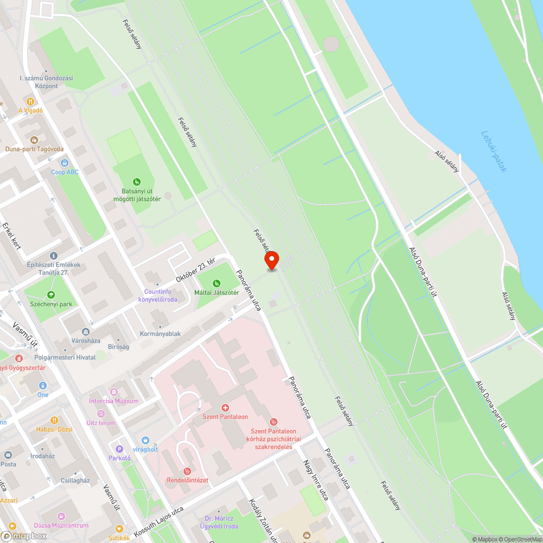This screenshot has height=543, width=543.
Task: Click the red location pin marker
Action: coord(271,260)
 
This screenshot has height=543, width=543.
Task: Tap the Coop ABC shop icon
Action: coord(65,162)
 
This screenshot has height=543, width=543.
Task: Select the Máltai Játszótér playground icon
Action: coord(217,283)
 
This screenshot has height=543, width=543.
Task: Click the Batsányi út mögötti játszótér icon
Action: coord(137,182)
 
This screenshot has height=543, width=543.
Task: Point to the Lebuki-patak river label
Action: coord(494,151)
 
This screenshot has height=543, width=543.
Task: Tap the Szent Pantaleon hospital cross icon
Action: coord(225,407)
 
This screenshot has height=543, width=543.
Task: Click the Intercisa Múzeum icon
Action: coord(114,392)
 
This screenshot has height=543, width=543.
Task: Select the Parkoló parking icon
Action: coord(119,449)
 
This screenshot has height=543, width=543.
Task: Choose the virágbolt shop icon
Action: coord(145,440)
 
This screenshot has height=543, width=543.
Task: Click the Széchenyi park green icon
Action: coord(51,295)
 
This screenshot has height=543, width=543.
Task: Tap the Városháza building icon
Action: coord(85,332)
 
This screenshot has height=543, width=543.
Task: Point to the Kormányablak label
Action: coord(160,334)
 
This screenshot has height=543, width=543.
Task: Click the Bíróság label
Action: coord(118,346)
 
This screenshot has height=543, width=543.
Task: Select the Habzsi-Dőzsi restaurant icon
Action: coord(54,420)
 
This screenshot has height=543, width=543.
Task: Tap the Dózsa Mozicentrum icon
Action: coord(61,516)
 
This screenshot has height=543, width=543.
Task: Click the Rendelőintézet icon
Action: coord(187,471)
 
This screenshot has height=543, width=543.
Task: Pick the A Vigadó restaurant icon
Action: coord(30,101)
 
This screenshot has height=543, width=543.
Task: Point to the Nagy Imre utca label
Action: coord(315,479)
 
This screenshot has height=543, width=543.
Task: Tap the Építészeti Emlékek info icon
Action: coord(53,255)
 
